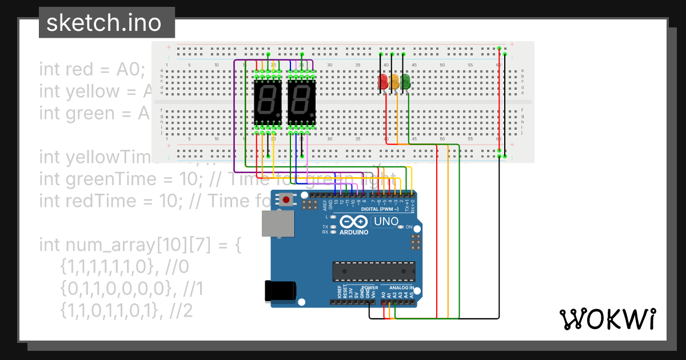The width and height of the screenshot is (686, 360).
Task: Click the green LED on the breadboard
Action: tap(406, 82)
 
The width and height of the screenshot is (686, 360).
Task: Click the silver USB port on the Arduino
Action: tap(277, 223)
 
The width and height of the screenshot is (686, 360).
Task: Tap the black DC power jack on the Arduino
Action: tap(280, 291)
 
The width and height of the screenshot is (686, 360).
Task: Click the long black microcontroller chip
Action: tap(374, 272)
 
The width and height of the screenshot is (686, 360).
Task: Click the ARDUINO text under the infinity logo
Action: tap(354, 232)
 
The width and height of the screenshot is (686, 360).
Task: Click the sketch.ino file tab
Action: tap(103, 23)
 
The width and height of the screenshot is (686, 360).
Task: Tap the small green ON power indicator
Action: tap(401, 227)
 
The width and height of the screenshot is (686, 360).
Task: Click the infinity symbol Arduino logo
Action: tap(354, 222)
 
